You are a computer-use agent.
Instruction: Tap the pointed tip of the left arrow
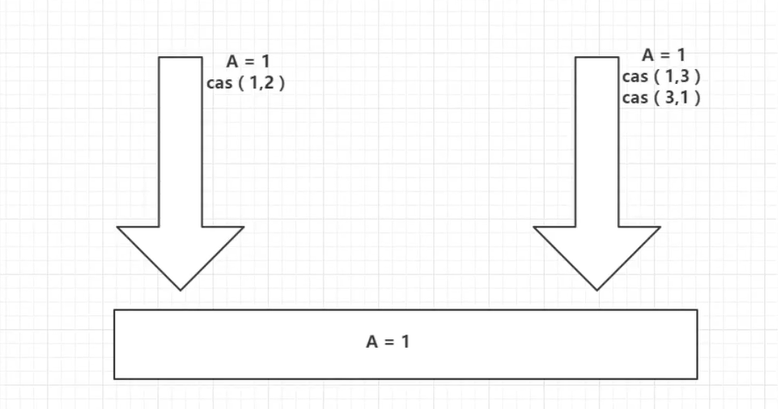(x=180, y=291)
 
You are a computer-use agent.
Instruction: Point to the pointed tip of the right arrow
(x=597, y=291)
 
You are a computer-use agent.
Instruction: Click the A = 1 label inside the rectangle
(x=388, y=342)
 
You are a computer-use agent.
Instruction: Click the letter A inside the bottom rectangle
(x=372, y=342)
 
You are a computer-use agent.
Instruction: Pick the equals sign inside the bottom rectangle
(x=389, y=342)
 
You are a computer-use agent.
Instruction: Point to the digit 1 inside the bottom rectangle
(x=406, y=342)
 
